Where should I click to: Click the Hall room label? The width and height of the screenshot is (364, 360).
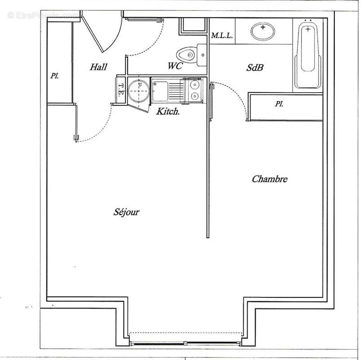tap(98, 67)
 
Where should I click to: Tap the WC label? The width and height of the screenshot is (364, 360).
tap(175, 66)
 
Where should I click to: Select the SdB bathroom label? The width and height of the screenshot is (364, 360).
tap(255, 68)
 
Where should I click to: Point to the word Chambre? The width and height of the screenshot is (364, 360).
tap(269, 179)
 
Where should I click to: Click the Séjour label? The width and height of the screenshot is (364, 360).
tap(126, 212)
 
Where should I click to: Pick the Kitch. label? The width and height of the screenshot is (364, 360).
tap(168, 111)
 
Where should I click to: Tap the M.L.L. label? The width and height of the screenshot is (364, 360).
tap(222, 36)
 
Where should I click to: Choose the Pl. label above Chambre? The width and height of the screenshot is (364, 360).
tap(280, 104)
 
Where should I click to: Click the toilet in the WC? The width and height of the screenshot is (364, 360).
tap(188, 55)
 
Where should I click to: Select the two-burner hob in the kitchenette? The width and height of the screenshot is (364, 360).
tap(195, 90)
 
